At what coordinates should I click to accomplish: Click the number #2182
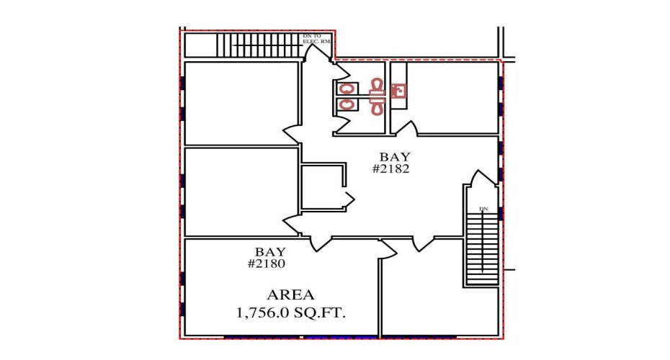point(390,169)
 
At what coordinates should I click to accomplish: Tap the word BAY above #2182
point(394,156)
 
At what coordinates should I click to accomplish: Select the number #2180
point(267,264)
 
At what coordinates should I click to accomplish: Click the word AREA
point(290,294)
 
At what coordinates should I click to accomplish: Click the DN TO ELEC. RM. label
point(316,38)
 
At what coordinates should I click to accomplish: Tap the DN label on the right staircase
point(483,210)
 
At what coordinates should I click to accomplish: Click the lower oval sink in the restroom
point(347,104)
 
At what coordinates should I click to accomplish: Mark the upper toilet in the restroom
point(375,88)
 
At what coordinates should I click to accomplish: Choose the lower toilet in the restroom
point(375,105)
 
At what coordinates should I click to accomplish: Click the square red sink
point(398,91)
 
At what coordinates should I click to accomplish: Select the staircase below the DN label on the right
point(482,248)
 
